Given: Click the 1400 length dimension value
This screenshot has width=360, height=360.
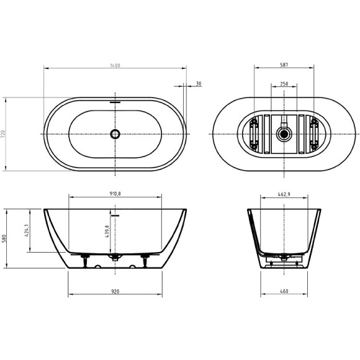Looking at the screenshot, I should pyautogui.click(x=115, y=65).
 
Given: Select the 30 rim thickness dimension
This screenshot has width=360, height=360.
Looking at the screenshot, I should pyautogui.click(x=198, y=83).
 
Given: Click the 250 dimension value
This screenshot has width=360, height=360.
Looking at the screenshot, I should pyautogui.click(x=284, y=83).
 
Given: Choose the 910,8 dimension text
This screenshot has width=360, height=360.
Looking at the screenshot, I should pyautogui.click(x=115, y=194).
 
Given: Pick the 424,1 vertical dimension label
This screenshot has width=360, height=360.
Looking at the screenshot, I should pyautogui.click(x=27, y=231).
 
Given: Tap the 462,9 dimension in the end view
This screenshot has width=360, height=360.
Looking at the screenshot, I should pyautogui.click(x=284, y=194).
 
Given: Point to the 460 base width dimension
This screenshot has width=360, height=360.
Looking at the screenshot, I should pyautogui.click(x=284, y=291).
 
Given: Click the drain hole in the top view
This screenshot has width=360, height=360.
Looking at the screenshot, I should pyautogui.click(x=115, y=133).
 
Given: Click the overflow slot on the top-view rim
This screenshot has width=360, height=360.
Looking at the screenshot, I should pyautogui.click(x=115, y=102).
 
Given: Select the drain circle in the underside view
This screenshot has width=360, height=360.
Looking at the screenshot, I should pyautogui.click(x=284, y=133).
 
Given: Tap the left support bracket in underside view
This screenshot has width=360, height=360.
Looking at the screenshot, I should pyautogui.click(x=254, y=133).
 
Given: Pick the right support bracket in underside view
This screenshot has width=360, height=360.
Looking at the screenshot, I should pyautogui.click(x=313, y=133).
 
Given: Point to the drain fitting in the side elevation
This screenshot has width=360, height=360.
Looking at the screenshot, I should pyautogui.click(x=115, y=257).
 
